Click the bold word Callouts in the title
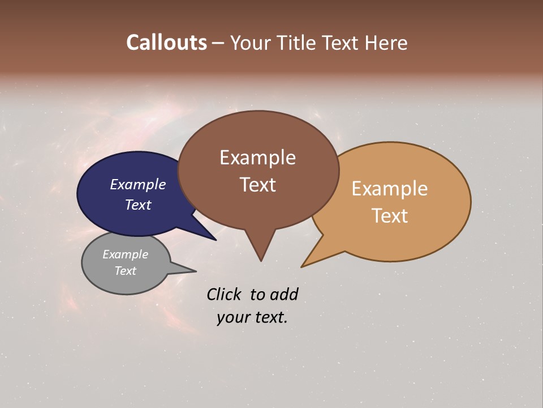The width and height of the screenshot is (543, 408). tap(166, 42)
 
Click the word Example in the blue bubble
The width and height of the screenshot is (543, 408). tap(137, 184)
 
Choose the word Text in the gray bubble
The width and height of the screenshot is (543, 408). tap(125, 271)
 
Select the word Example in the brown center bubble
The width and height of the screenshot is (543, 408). tap(257, 157)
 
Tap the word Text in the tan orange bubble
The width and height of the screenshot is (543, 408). tap(390, 215)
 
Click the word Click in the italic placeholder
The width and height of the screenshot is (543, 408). tap(225, 294)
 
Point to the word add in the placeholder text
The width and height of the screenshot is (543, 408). tap(283, 294)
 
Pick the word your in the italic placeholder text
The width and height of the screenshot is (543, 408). tap(232, 317)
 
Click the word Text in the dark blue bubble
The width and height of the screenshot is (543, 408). tap(137, 205)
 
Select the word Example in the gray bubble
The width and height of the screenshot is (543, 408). tap(125, 254)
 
